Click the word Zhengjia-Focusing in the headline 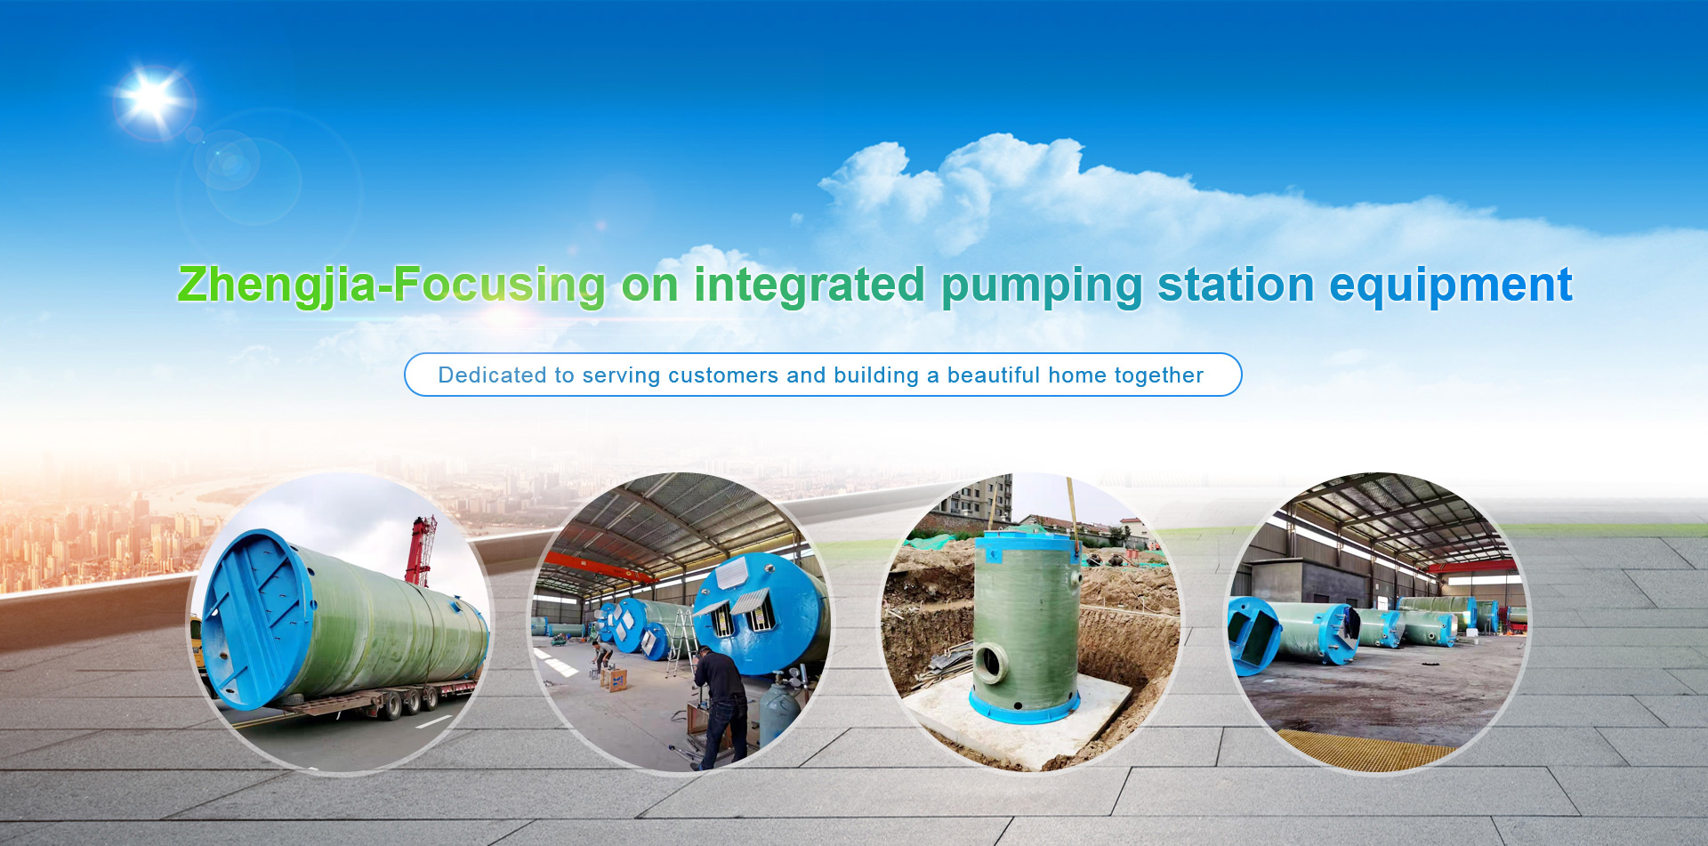click(391, 286)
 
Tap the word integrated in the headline click(810, 286)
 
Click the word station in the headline click(1236, 285)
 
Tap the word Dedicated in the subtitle click(493, 375)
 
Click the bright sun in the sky click(152, 98)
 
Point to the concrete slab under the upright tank click(1023, 721)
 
